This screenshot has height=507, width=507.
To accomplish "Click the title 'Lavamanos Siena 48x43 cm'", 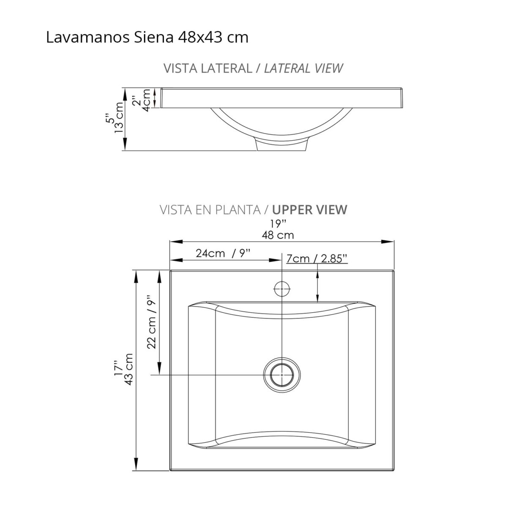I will point(147,38).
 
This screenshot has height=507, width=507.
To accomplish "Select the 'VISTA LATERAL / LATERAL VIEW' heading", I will point(253,68).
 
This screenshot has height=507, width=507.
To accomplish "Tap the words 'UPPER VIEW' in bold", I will point(310,210).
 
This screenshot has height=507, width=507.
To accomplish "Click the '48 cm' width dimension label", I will point(278,234).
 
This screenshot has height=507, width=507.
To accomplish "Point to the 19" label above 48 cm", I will point(278,223).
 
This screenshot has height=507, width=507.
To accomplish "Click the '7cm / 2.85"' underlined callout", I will point(317,258).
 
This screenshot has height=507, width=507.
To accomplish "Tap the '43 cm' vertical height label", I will point(129,369).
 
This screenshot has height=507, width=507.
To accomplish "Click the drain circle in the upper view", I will point(282,374).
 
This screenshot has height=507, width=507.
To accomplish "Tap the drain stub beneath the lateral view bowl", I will point(281,145).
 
